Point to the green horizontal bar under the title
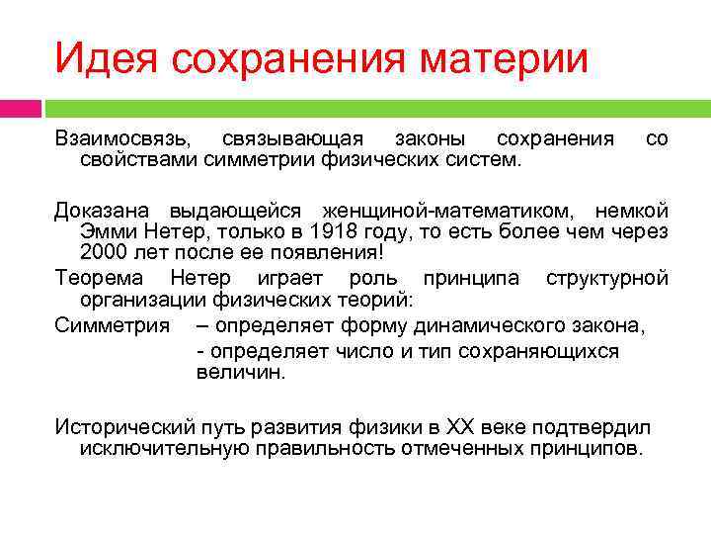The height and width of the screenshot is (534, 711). point(375,107)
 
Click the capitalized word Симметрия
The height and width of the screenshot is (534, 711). point(112,324)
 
